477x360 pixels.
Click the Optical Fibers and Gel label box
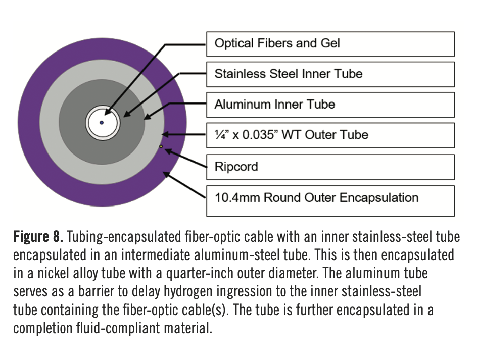(330, 43)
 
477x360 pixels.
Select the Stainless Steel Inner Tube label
(330, 74)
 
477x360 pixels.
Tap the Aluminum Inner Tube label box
(330, 105)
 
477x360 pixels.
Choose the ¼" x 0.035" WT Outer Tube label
(330, 135)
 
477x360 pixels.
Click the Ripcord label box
(330, 167)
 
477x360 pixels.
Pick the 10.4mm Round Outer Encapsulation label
(330, 197)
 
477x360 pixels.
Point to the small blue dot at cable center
(102, 123)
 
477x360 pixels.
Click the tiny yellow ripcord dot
(161, 147)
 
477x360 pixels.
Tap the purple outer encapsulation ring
(30, 123)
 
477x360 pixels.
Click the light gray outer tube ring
(48, 123)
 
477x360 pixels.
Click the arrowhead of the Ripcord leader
(168, 149)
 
